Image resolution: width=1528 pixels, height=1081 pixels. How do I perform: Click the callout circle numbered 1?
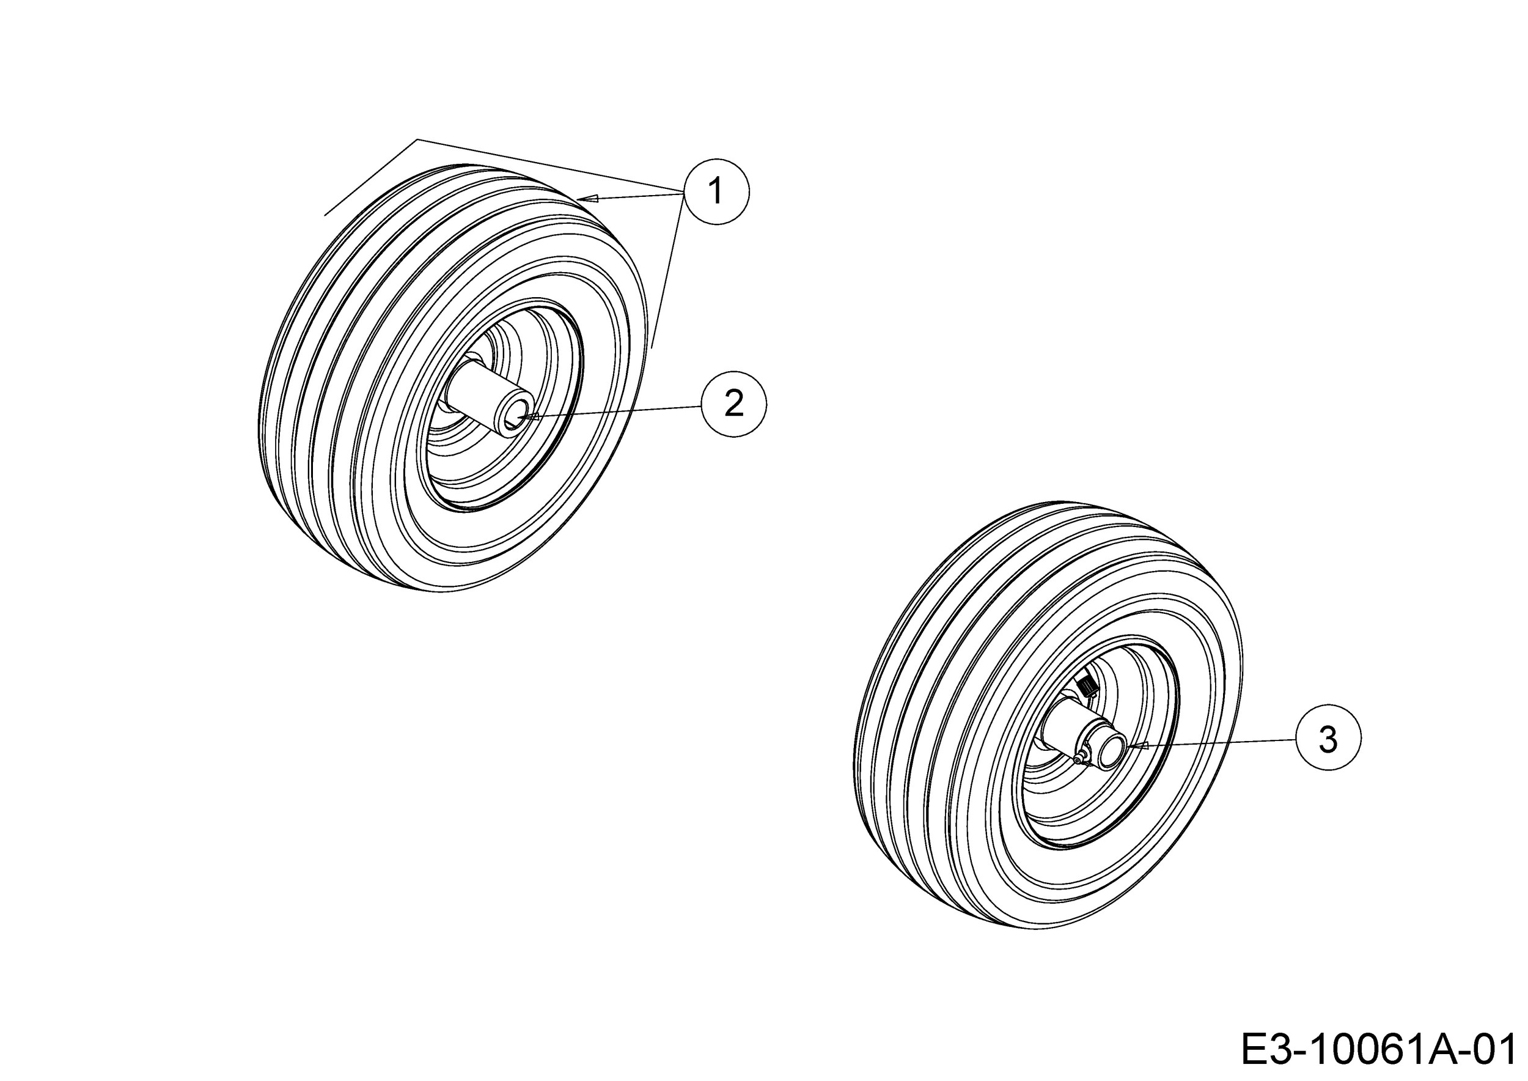(716, 192)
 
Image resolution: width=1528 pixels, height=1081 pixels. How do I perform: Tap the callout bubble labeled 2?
(734, 404)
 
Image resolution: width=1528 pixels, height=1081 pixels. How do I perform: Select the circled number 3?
(1328, 737)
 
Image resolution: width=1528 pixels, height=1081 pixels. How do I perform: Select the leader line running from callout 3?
(1218, 742)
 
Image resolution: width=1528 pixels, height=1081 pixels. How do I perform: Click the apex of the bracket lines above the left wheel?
(417, 140)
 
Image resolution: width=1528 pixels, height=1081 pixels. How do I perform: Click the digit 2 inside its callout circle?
(734, 404)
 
